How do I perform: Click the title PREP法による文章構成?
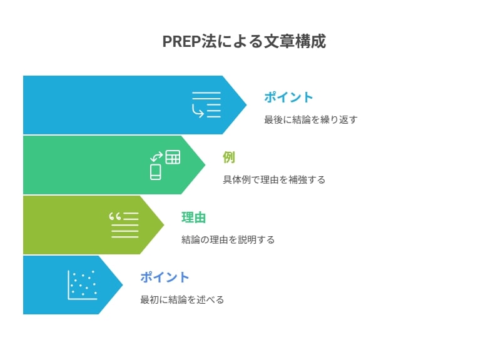coord(244,41)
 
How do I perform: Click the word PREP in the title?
coord(181,41)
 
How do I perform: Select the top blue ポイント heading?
coord(288,97)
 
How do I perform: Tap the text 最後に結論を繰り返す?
coord(310,119)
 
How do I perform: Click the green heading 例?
coord(229,157)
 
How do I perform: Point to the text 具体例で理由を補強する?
coord(274,179)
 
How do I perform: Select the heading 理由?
coord(193,217)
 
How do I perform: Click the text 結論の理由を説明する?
coord(228,239)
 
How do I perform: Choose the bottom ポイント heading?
coord(165,277)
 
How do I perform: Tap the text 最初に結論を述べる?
coord(182,299)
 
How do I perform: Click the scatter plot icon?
coord(83,285)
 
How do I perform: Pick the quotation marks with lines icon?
coord(124,225)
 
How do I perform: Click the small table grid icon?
coord(173,157)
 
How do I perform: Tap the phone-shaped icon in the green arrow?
coord(156,172)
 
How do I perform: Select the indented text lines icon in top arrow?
coord(206,105)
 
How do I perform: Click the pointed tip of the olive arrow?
coord(164,224)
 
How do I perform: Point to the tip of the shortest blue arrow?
coord(123,285)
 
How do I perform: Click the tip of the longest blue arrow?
coord(247,105)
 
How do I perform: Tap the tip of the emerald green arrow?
coord(205,165)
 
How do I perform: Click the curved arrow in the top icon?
coord(197,111)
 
